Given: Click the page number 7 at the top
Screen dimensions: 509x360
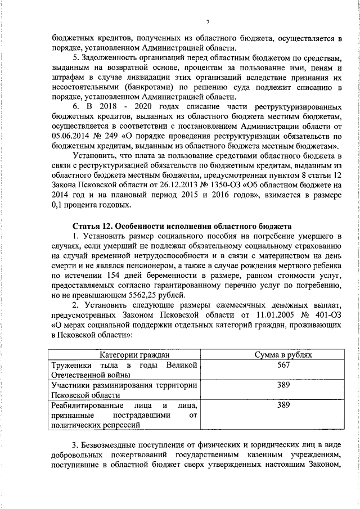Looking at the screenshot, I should (208, 22).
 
